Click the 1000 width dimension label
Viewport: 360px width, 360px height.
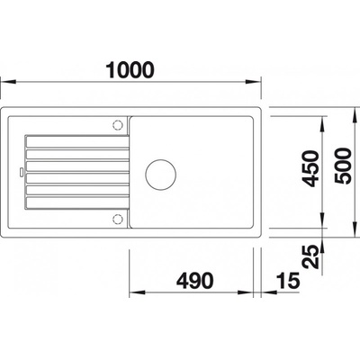click(x=130, y=70)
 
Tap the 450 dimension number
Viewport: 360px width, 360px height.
click(x=310, y=169)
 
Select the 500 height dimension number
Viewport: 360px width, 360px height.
click(x=343, y=166)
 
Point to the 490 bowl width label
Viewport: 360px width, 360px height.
click(x=195, y=281)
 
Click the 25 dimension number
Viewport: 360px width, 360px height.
click(x=310, y=256)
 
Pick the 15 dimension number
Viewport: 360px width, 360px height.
click(x=288, y=281)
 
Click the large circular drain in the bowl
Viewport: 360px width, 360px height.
click(x=161, y=175)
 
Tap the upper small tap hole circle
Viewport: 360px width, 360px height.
click(x=117, y=125)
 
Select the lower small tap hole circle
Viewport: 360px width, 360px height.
click(x=117, y=219)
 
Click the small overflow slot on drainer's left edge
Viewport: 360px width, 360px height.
click(x=22, y=172)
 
